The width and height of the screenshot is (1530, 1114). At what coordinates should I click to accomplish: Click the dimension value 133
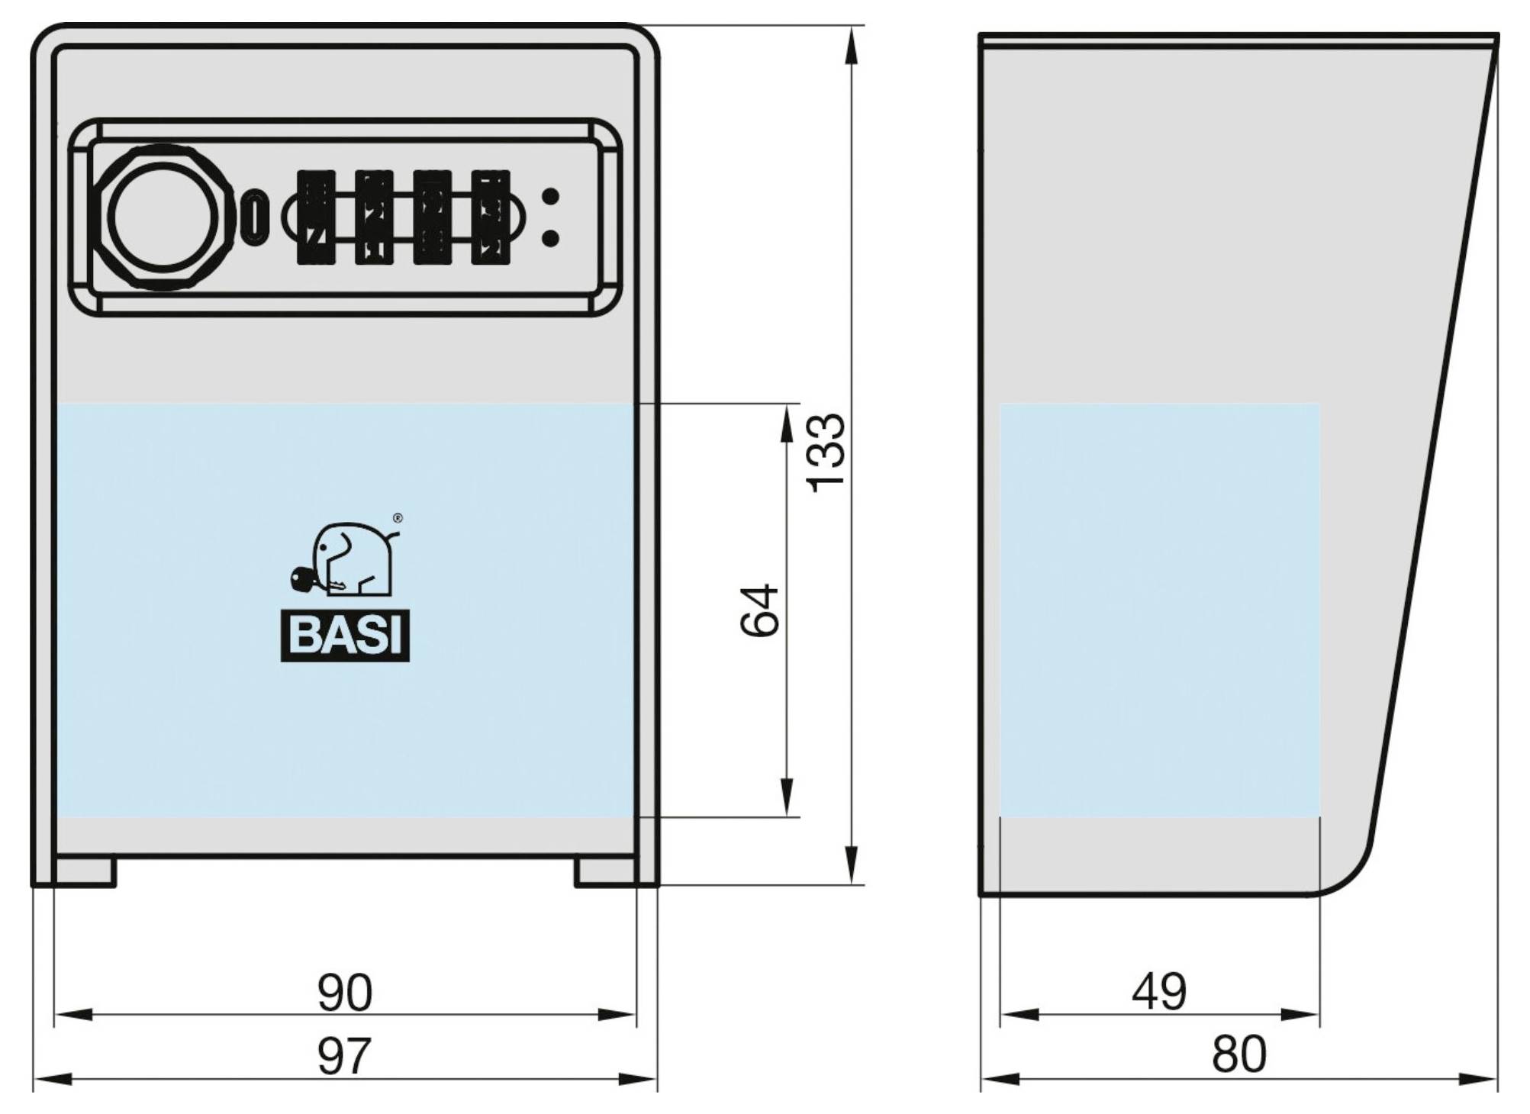[x=827, y=452]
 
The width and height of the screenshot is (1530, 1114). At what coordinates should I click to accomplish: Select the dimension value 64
[x=760, y=610]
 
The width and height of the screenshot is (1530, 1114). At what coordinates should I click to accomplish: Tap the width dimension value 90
[x=345, y=992]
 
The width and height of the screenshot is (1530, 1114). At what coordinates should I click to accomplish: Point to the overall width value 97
[x=344, y=1056]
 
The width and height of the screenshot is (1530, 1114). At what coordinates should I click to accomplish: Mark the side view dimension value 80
[x=1238, y=1054]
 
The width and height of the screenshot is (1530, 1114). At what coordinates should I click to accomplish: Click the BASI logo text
[x=345, y=635]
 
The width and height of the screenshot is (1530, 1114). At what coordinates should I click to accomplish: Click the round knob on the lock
[x=162, y=217]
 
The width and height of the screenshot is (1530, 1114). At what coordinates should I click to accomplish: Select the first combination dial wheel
[x=316, y=217]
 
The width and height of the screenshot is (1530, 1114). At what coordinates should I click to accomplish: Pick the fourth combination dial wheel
[x=491, y=217]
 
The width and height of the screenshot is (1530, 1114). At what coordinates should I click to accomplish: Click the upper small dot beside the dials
[x=550, y=197]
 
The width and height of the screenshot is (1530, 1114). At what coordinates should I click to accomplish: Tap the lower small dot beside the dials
[x=550, y=238]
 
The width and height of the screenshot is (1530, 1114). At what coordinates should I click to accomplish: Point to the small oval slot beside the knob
[x=255, y=217]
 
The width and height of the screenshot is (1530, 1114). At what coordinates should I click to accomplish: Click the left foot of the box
[x=85, y=871]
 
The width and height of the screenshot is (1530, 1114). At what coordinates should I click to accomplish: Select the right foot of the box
[x=605, y=871]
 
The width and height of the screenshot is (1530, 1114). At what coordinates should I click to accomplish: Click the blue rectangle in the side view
[x=1159, y=609]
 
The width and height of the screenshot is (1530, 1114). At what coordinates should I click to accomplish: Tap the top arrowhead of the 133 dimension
[x=852, y=46]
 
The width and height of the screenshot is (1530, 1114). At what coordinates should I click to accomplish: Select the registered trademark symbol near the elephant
[x=397, y=518]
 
